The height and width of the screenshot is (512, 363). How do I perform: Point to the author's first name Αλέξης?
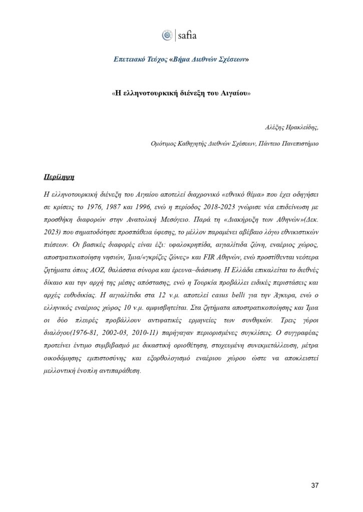pos(275,128)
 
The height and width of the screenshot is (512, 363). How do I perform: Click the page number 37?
pos(315,485)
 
